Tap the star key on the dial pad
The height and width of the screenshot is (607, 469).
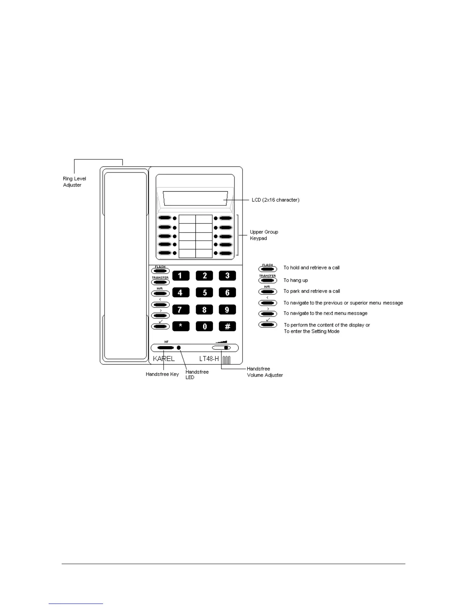pos(181,326)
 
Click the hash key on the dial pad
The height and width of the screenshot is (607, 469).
pos(227,326)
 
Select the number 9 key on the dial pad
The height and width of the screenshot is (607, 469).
pos(227,310)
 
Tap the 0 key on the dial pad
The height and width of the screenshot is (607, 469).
pos(204,326)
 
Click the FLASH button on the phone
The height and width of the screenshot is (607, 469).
pos(160,271)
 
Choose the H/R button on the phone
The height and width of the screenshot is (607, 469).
pos(160,294)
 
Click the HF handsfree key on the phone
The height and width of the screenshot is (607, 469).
pos(166,348)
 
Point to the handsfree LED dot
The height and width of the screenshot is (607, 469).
pos(179,348)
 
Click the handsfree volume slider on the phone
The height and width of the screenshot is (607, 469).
pos(221,348)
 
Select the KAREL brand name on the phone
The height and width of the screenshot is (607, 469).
pos(164,359)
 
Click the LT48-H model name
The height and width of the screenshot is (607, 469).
pos(209,359)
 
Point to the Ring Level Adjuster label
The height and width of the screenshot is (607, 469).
pos(74,182)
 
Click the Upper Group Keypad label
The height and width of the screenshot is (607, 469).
pos(264,235)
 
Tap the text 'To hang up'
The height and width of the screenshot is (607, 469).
pos(295,280)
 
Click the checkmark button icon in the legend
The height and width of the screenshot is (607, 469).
pos(268,325)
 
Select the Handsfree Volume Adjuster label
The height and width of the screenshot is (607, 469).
pos(265,372)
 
